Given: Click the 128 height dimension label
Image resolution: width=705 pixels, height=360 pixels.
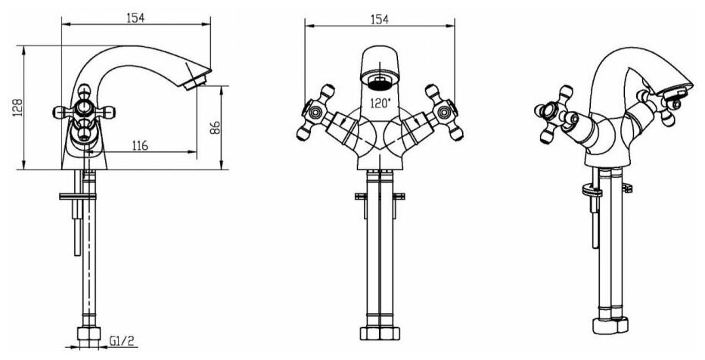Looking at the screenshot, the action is [17, 107].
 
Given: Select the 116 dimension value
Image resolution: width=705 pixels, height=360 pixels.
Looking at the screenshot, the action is [140, 145].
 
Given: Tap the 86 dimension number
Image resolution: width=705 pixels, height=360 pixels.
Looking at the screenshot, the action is [215, 128].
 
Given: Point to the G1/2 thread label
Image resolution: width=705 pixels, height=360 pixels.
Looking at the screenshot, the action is [123, 342].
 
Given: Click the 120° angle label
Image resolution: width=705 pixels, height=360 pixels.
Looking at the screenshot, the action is [380, 104].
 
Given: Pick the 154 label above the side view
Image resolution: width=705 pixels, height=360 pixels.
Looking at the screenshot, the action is [135, 17].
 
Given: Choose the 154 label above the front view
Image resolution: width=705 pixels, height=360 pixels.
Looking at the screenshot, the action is [380, 20].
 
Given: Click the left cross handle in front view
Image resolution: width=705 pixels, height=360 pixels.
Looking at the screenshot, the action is [315, 113].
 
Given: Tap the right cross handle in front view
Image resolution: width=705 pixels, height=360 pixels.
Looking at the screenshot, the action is [444, 113].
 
